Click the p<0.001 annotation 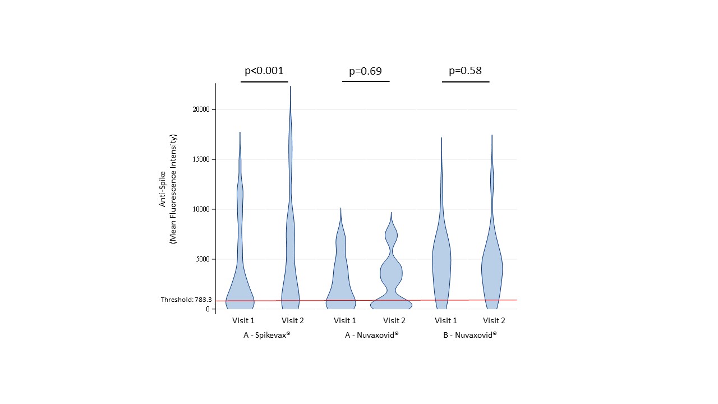pos(264,71)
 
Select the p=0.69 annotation pos(366,71)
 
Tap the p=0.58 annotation pos(465,71)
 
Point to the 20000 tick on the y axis pos(201,109)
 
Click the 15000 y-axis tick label pos(201,159)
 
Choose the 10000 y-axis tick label pos(201,209)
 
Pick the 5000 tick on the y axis pos(203,259)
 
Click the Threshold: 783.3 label pos(185,300)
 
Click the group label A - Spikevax pos(266,336)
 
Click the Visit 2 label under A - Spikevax pos(292,321)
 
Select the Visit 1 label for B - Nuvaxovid pos(445,321)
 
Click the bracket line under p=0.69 pos(366,81)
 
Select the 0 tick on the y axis pos(207,309)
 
